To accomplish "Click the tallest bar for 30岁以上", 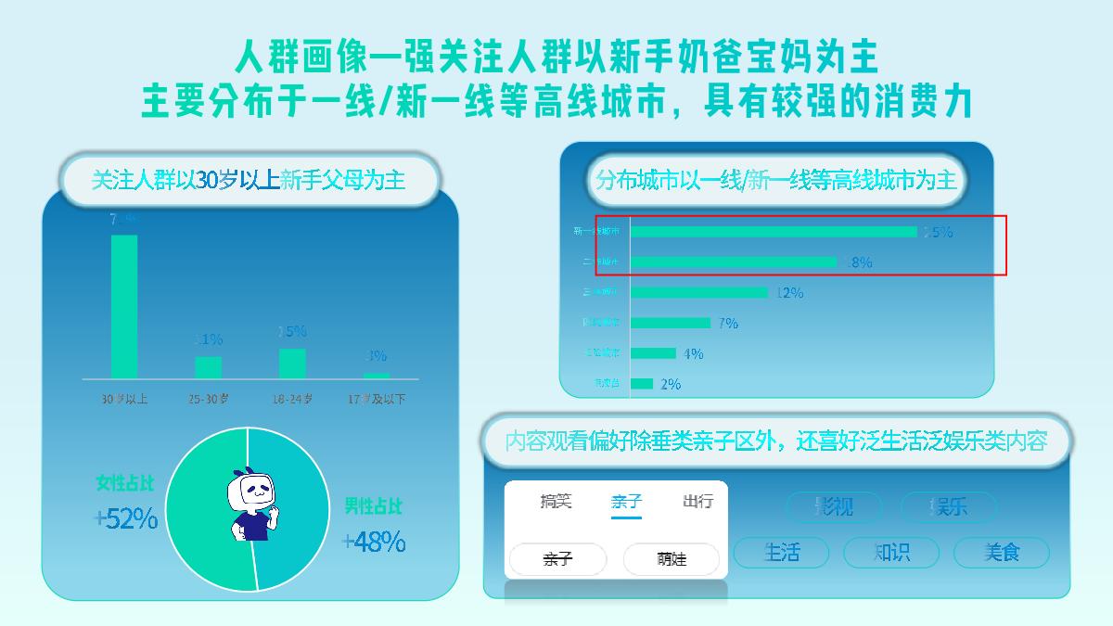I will click(124, 306).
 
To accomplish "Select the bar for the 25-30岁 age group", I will click(209, 367).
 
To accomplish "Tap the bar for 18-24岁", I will click(292, 364).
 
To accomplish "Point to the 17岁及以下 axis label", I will click(376, 399).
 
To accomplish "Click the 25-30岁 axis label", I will click(209, 399).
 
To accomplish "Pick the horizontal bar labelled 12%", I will click(699, 292).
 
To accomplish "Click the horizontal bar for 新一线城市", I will click(774, 232).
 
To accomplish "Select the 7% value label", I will click(728, 323).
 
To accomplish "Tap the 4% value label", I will click(693, 353).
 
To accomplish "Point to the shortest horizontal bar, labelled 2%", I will click(642, 383).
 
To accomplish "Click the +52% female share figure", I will click(126, 519).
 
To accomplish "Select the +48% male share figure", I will click(374, 542).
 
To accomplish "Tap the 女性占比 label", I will click(126, 483).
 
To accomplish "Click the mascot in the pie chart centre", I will click(253, 505).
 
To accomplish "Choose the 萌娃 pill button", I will click(672, 559).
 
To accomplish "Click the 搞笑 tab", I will click(556, 502).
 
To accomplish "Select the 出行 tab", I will click(697, 502).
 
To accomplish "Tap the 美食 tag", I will click(1002, 553).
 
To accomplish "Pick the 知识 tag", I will click(891, 553).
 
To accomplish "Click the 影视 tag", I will click(834, 506).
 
